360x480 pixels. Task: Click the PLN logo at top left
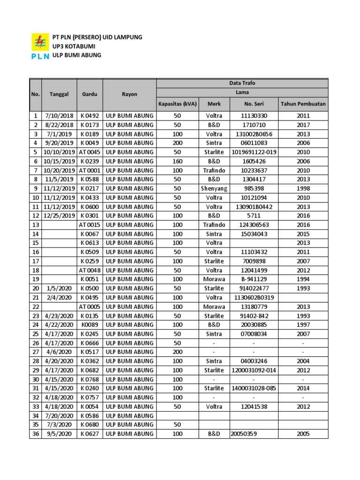(x=40, y=46)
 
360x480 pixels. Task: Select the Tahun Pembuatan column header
(x=303, y=104)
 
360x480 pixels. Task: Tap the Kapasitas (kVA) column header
(x=177, y=104)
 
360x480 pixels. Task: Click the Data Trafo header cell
(x=242, y=83)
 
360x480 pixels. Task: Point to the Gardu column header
(x=89, y=94)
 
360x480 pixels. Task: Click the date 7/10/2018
(x=59, y=116)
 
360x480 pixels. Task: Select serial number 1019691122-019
(x=255, y=152)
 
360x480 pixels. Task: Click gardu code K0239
(x=89, y=161)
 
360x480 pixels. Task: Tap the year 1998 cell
(x=303, y=188)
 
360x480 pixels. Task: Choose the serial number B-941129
(x=255, y=279)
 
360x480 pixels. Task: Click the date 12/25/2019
(x=59, y=216)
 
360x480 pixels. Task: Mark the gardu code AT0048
(x=89, y=270)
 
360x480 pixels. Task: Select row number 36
(x=35, y=434)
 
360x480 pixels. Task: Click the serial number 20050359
(x=244, y=434)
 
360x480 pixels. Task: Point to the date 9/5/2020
(x=59, y=434)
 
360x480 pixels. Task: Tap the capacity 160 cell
(x=177, y=161)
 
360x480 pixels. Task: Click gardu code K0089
(x=89, y=325)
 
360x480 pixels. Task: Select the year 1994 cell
(x=303, y=279)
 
